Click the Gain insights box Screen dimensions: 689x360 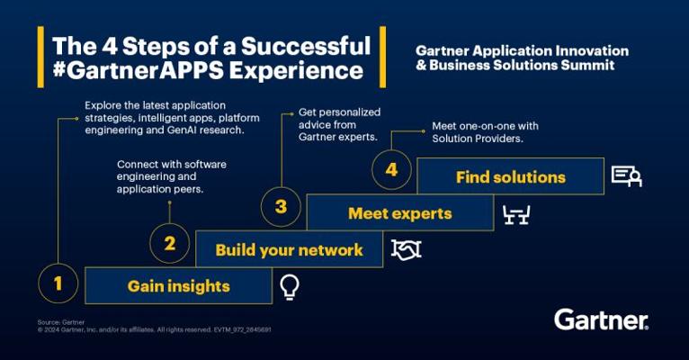[x=178, y=286]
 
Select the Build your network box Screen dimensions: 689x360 [x=289, y=249]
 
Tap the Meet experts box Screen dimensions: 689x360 [x=400, y=213]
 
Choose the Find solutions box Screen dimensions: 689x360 [x=511, y=176]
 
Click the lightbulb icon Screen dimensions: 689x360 [x=290, y=287]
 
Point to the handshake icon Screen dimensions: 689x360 [x=406, y=250]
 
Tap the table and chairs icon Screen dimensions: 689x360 [x=516, y=215]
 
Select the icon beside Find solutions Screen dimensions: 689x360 [x=627, y=176]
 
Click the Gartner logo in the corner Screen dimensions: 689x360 [x=601, y=319]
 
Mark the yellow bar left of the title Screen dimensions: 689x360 [x=40, y=57]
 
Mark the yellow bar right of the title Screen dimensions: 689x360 [x=383, y=57]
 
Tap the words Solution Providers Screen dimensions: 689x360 [x=478, y=139]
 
